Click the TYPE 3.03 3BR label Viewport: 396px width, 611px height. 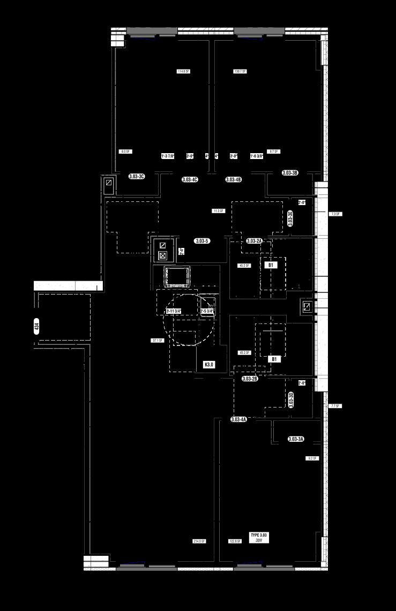(259, 538)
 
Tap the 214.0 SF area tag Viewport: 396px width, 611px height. (199, 541)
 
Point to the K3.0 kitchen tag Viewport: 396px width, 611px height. (209, 365)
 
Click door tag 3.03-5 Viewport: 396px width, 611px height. (202, 241)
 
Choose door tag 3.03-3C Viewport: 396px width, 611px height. (137, 176)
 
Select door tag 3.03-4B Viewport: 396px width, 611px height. (234, 179)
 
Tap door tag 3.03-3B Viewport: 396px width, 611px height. (290, 173)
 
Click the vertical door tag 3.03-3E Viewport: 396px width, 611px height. (290, 218)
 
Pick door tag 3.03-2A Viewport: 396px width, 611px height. (254, 242)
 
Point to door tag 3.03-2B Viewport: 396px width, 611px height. (250, 379)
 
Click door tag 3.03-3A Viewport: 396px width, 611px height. (296, 439)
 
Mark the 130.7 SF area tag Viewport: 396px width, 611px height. (240, 71)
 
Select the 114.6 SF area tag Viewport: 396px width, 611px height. (183, 71)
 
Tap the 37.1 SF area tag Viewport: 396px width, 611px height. (158, 340)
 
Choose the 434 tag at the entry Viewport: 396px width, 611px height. (36, 326)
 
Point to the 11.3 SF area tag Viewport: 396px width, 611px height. (218, 211)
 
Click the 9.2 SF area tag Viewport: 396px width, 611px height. (312, 458)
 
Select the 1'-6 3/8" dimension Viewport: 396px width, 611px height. (257, 156)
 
